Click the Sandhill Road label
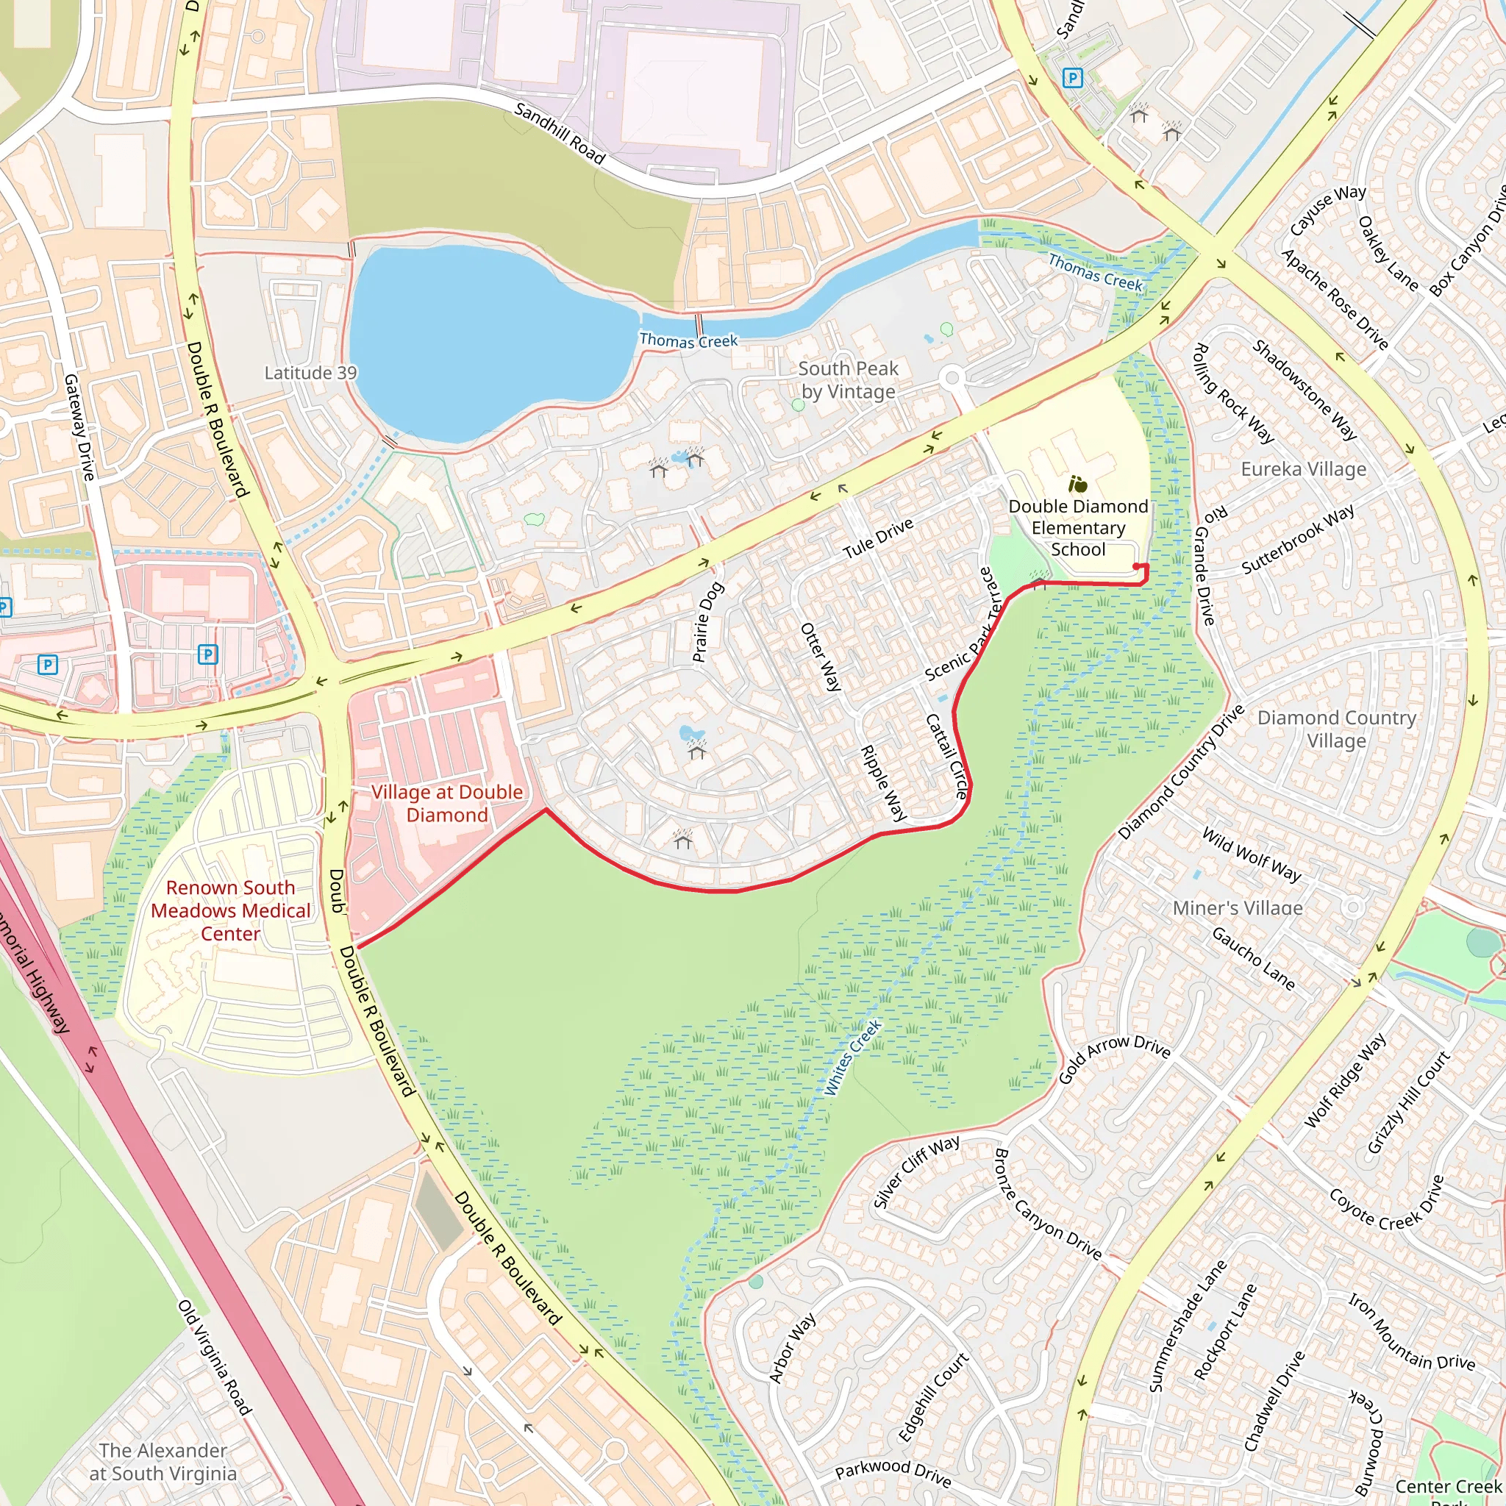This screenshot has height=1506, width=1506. tap(559, 133)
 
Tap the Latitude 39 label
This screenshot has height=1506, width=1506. tap(310, 374)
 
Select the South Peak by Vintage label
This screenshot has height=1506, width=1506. tap(848, 380)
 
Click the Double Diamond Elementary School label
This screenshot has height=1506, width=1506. tap(1078, 528)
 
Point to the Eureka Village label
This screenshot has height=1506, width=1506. tap(1303, 469)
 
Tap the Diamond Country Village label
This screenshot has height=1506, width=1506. tap(1336, 729)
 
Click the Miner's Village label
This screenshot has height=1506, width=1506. tap(1238, 908)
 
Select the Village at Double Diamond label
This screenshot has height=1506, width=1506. tap(446, 804)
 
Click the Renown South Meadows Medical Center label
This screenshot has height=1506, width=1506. tap(230, 910)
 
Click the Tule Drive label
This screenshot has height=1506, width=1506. tap(878, 538)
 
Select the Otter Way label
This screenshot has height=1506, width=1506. tap(821, 657)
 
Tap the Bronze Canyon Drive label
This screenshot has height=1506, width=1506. tap(1048, 1205)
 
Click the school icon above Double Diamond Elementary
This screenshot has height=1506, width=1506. tap(1078, 484)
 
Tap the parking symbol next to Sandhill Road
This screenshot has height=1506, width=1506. tap(1073, 78)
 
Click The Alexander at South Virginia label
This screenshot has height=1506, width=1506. tap(163, 1462)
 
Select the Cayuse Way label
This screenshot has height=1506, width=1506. tap(1327, 210)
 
